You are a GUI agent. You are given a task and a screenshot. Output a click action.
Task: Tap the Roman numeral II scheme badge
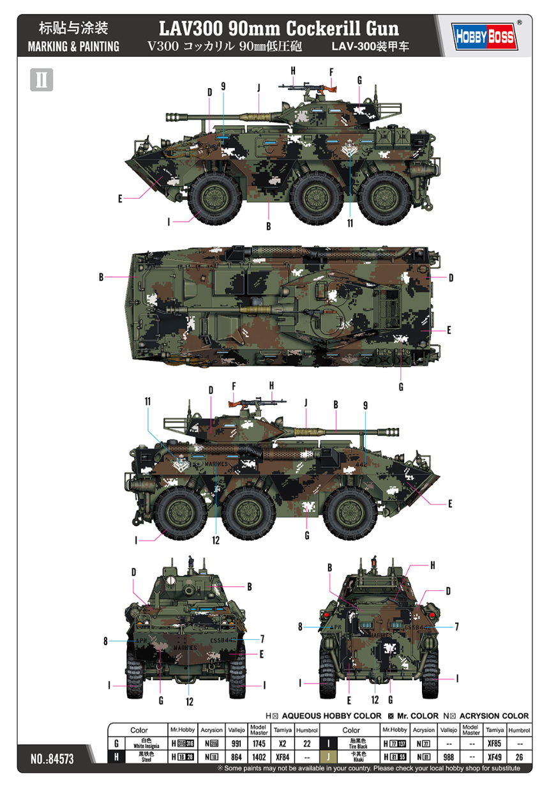coord(41,79)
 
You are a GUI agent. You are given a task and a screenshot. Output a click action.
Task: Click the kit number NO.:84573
coord(52,759)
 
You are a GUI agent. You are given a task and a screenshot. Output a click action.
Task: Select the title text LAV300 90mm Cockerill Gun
coord(281,28)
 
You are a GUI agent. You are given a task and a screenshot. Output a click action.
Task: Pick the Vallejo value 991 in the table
coord(236,744)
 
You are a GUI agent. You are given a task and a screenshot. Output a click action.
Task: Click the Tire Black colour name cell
coord(351,744)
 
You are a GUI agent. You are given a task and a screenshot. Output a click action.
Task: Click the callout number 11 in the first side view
coord(350,224)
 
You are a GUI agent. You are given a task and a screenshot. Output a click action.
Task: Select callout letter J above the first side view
coord(259,88)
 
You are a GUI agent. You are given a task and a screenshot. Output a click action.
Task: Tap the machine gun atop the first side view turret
coord(310,88)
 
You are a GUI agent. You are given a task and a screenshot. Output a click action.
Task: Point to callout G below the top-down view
coord(401,386)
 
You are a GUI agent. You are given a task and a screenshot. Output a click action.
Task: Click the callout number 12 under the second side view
coord(216,540)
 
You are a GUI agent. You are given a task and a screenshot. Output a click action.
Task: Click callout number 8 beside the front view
coord(106,641)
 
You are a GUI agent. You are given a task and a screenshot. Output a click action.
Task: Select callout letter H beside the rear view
coord(432,565)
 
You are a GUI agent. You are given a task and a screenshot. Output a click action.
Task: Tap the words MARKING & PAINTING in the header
coord(73,46)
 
